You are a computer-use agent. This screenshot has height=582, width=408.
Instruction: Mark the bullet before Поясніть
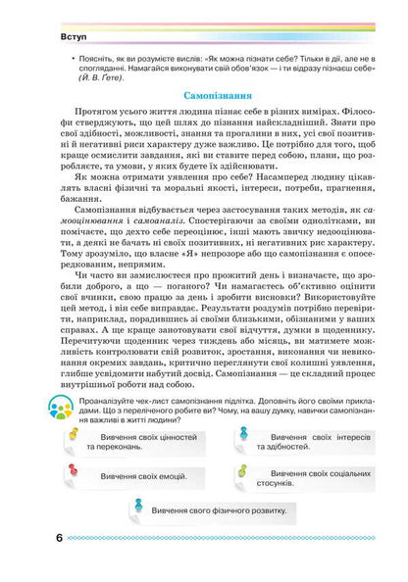(63, 57)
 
